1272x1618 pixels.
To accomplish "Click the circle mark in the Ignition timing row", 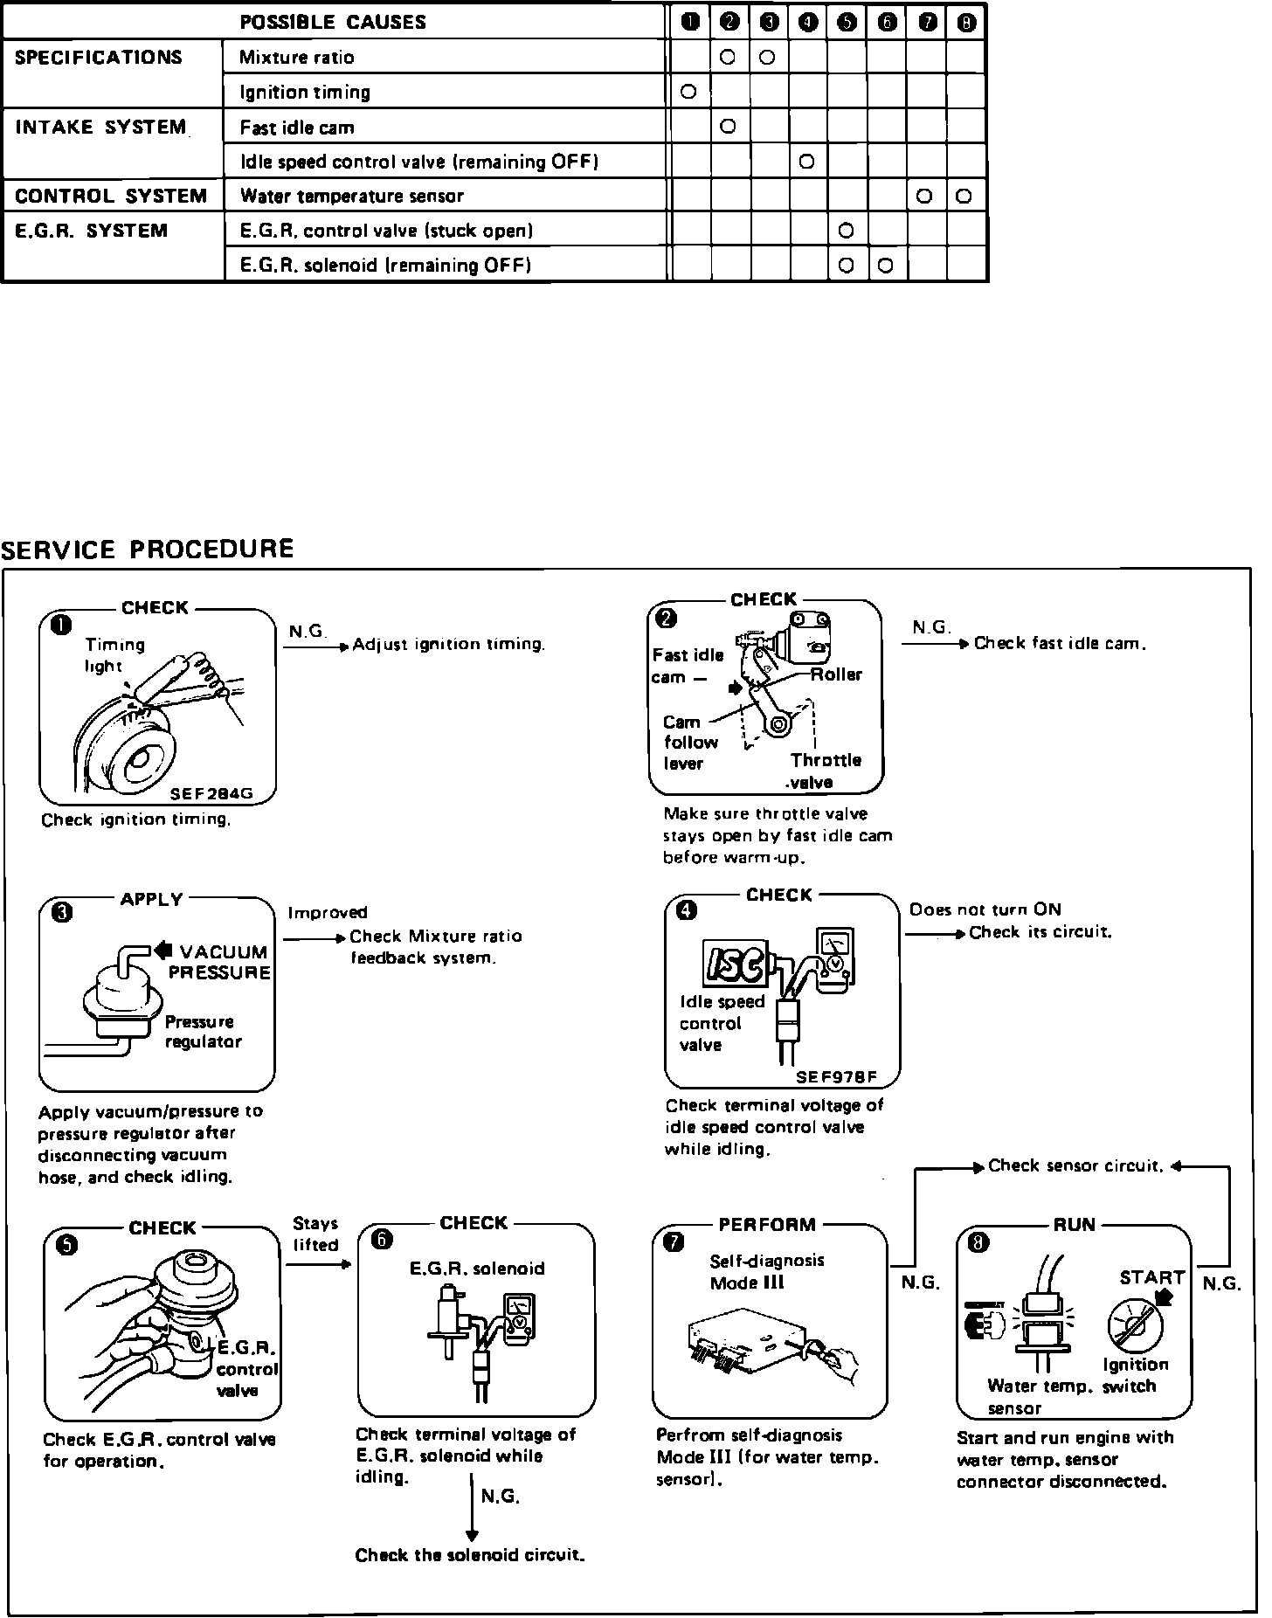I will coord(688,92).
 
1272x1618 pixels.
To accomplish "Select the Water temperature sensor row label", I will coord(352,197).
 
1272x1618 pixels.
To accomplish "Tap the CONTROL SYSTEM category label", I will coord(111,197).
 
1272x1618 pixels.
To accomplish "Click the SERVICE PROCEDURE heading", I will coord(147,550).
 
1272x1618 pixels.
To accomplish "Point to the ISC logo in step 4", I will coord(736,965).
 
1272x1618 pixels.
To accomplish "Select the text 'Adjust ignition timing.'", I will coord(449,645).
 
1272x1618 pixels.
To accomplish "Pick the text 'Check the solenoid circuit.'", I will coord(470,1555).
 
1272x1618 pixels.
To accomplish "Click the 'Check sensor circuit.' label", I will coord(1076,1165).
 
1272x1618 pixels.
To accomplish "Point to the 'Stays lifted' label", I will coord(315,1234).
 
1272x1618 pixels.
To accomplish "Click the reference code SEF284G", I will coord(211,794).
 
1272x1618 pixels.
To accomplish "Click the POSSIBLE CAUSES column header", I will coord(333,23).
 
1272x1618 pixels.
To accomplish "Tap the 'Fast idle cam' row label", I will coord(297,128).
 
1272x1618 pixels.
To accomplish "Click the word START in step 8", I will coord(1151,1277).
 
